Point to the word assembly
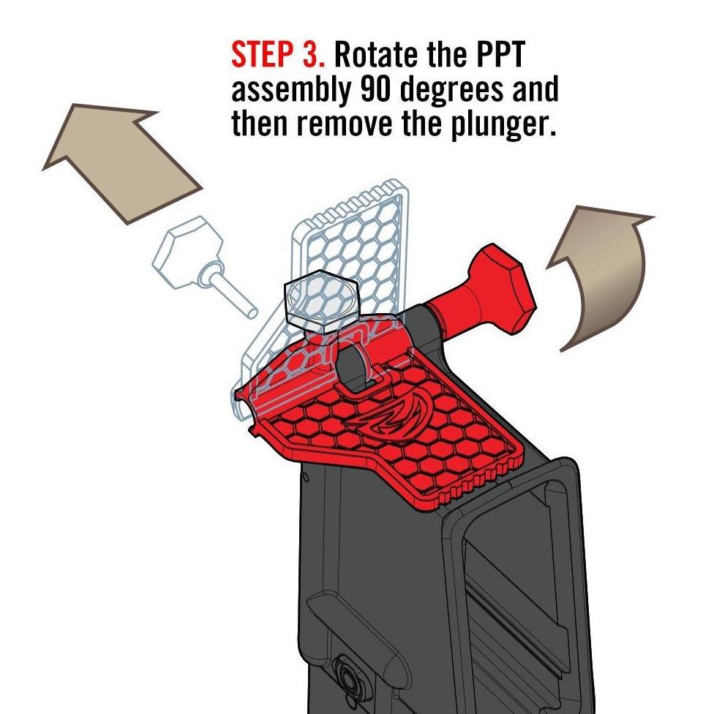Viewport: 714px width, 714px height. [x=290, y=91]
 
